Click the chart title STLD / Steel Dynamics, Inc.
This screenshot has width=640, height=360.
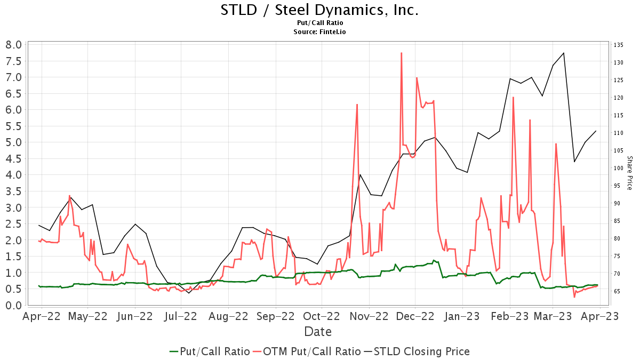tap(319, 10)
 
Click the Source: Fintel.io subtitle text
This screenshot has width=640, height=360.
tap(319, 32)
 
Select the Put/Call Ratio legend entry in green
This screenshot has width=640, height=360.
tap(209, 351)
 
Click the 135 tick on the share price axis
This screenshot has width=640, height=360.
tap(619, 45)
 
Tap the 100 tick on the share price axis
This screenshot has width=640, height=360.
tap(619, 168)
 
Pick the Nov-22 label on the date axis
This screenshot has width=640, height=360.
tap(368, 316)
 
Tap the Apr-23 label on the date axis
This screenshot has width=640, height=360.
tap(600, 316)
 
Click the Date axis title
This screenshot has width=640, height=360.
tap(318, 332)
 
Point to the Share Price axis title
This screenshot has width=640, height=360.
tap(629, 173)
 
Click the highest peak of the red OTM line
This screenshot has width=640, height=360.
tap(401, 53)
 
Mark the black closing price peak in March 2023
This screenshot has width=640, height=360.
tap(564, 53)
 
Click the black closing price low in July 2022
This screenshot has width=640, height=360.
tap(189, 293)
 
